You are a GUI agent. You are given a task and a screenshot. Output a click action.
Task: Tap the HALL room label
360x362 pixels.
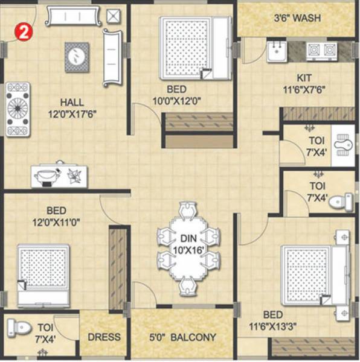pyautogui.click(x=72, y=102)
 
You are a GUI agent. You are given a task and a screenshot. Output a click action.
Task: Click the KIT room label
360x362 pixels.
pyautogui.click(x=304, y=78)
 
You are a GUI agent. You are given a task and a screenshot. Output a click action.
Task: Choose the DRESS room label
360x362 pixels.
pyautogui.click(x=104, y=337)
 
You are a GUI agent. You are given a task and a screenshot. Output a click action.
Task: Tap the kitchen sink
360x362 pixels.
pyautogui.click(x=277, y=52)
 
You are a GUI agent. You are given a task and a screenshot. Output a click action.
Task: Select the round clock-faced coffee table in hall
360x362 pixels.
pyautogui.click(x=77, y=57)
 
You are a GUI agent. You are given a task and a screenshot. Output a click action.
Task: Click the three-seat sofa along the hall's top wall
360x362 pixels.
pyautogui.click(x=72, y=16)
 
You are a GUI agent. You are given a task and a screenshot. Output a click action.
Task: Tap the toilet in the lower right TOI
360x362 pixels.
pyautogui.click(x=342, y=202)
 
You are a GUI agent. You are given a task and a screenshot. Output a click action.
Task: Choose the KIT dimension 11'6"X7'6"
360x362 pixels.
pyautogui.click(x=304, y=91)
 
